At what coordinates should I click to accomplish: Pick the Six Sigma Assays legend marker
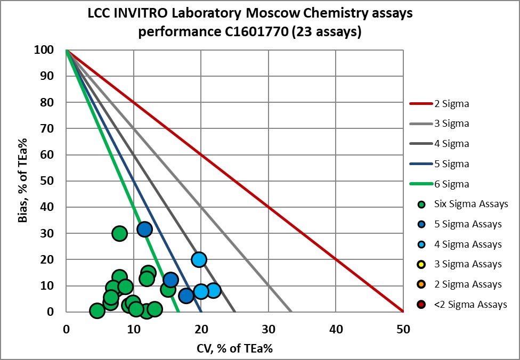422,204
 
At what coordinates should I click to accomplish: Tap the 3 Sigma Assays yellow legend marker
422,264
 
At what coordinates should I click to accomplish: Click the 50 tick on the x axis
403,329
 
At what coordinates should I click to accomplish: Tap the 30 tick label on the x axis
268,329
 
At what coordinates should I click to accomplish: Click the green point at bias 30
119,233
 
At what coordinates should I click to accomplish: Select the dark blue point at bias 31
144,230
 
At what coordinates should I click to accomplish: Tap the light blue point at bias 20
199,260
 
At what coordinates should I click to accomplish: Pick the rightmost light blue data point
213,290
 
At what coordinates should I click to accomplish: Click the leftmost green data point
96,311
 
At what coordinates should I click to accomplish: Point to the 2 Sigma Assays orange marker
422,284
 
